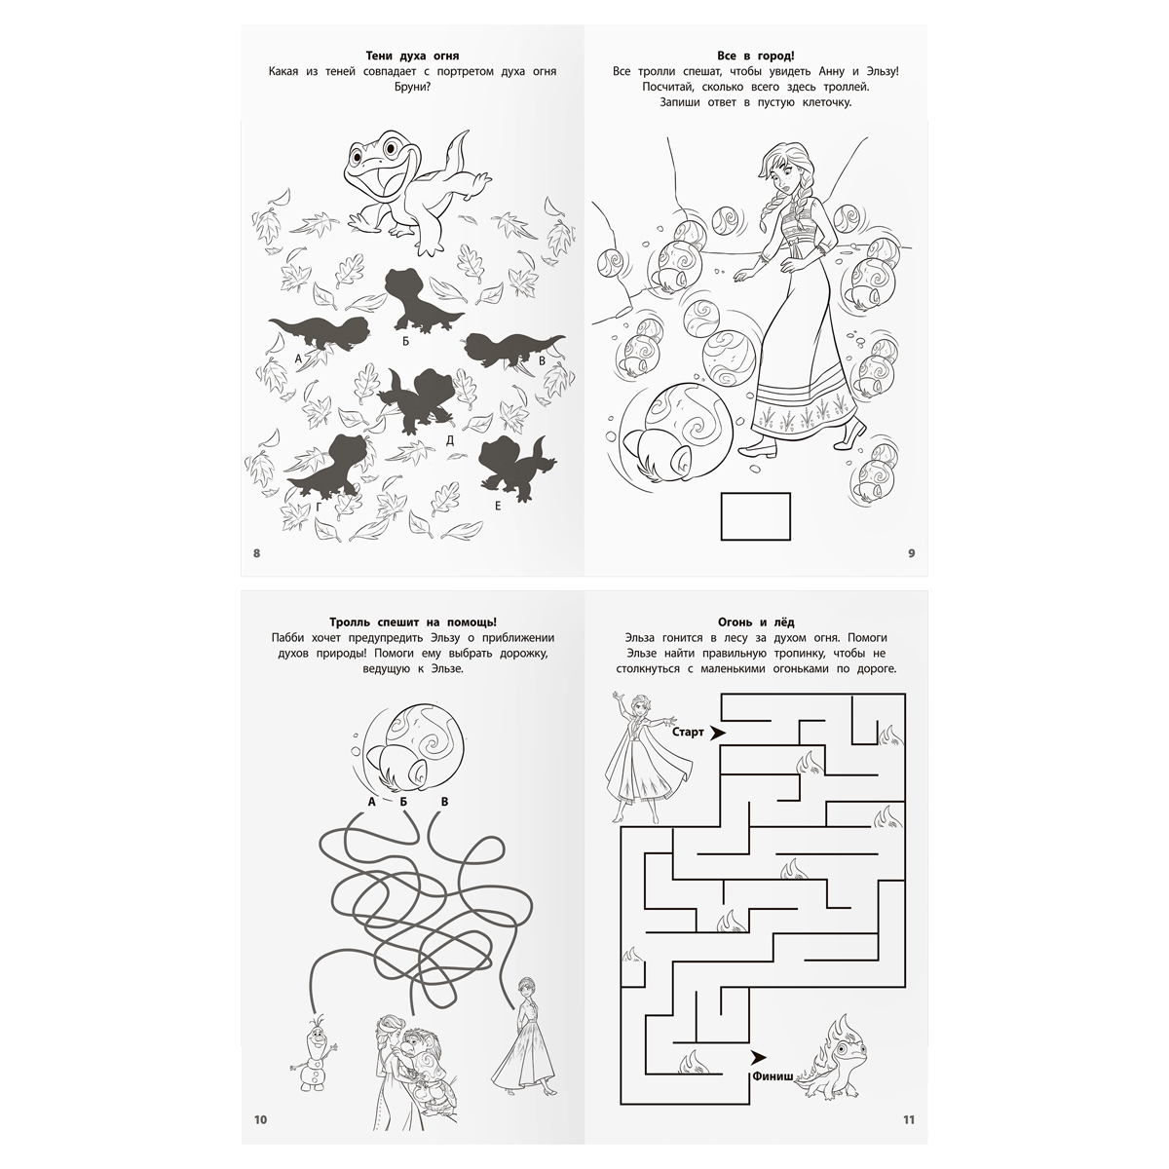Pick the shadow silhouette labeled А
click(x=320, y=333)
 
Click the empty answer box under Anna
click(x=755, y=516)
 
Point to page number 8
click(x=256, y=553)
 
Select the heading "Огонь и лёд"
click(x=755, y=622)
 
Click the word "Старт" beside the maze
click(x=688, y=733)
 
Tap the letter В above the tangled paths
click(x=444, y=802)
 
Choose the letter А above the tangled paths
click(x=372, y=802)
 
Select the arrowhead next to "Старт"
click(x=718, y=733)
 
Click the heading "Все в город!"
click(x=755, y=56)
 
